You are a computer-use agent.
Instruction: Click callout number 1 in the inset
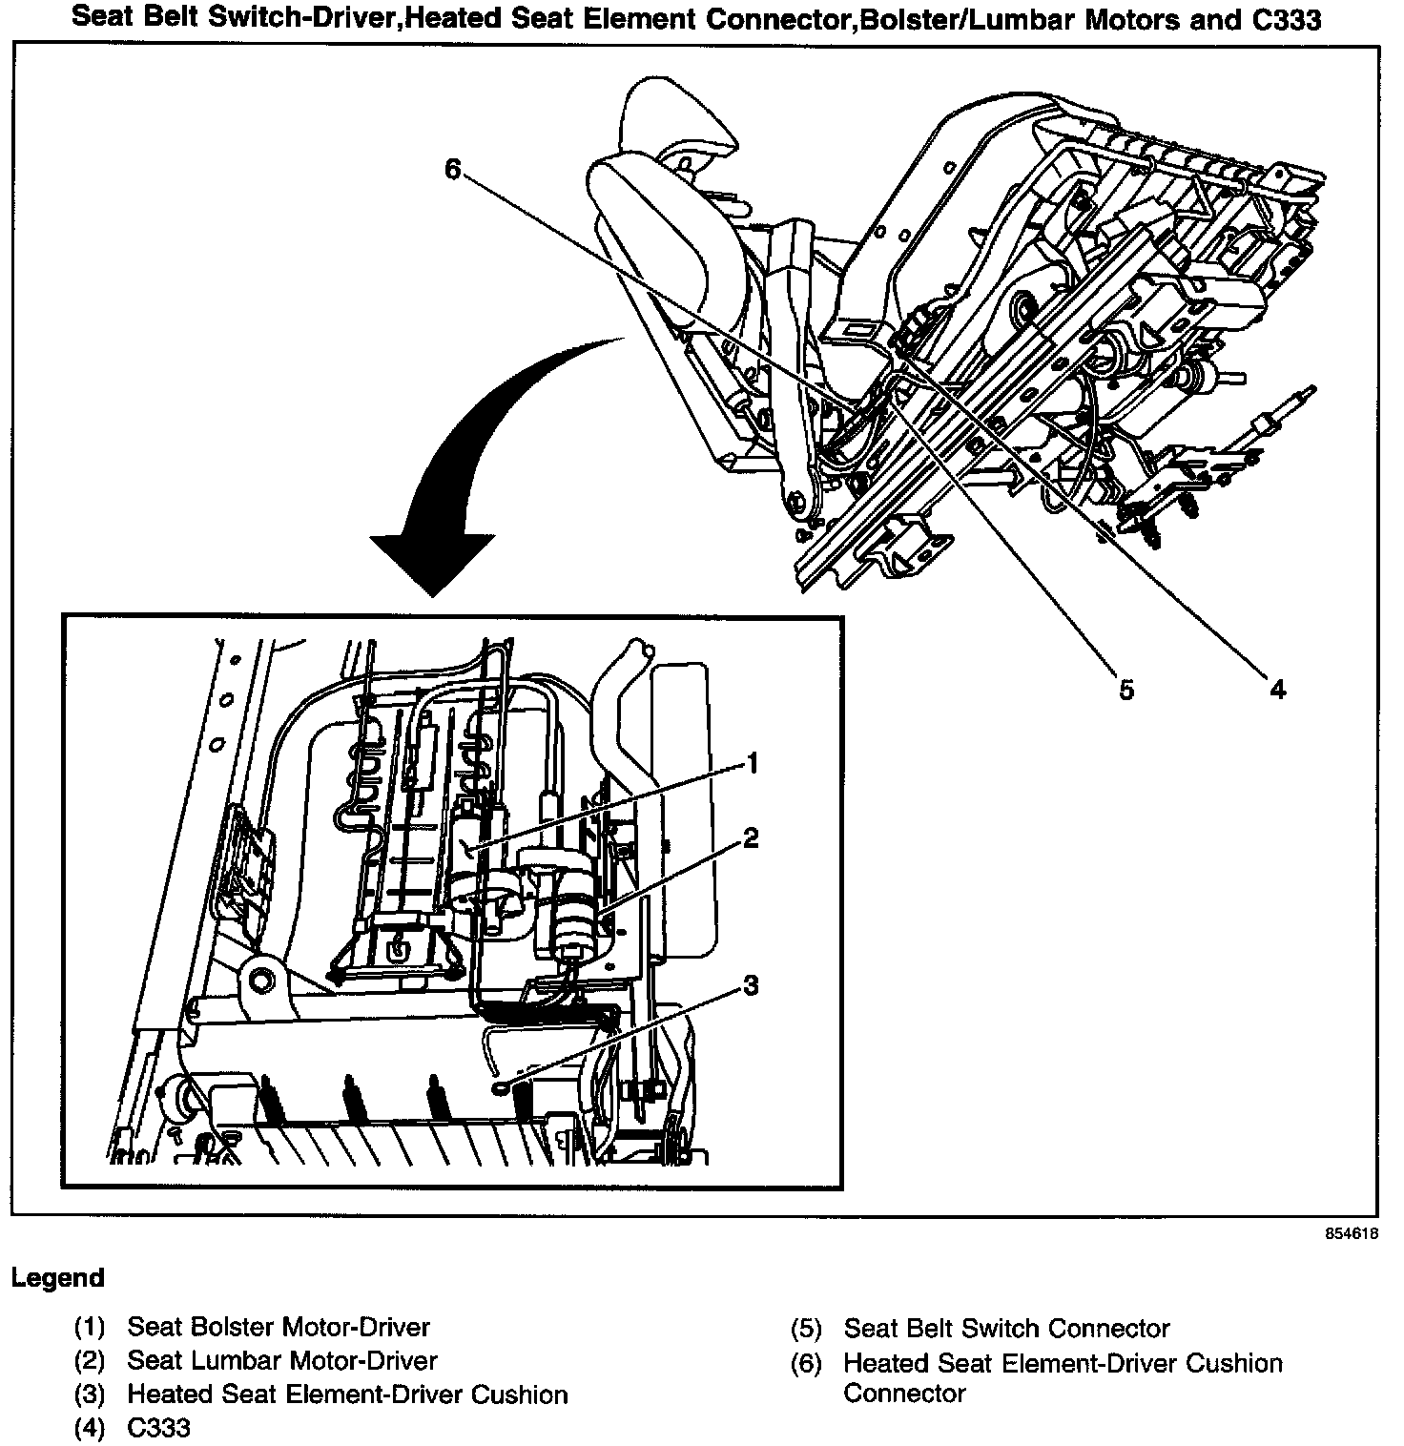(753, 764)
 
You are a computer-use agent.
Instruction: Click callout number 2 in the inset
(752, 838)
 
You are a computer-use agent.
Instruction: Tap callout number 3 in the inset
(752, 985)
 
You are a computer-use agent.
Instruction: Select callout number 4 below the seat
(1277, 689)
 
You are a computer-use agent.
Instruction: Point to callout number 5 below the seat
(1126, 690)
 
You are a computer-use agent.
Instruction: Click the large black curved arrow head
(432, 563)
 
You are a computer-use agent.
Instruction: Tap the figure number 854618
(1351, 1234)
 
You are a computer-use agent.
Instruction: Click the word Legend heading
(58, 1278)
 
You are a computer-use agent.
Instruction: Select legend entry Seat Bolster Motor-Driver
(279, 1327)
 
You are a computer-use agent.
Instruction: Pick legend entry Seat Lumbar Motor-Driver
(282, 1361)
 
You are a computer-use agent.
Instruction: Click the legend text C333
(158, 1428)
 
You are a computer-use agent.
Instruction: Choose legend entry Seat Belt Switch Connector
(1006, 1329)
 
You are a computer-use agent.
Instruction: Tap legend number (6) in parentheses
(806, 1364)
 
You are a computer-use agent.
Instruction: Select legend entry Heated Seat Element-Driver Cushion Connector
(1062, 1377)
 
